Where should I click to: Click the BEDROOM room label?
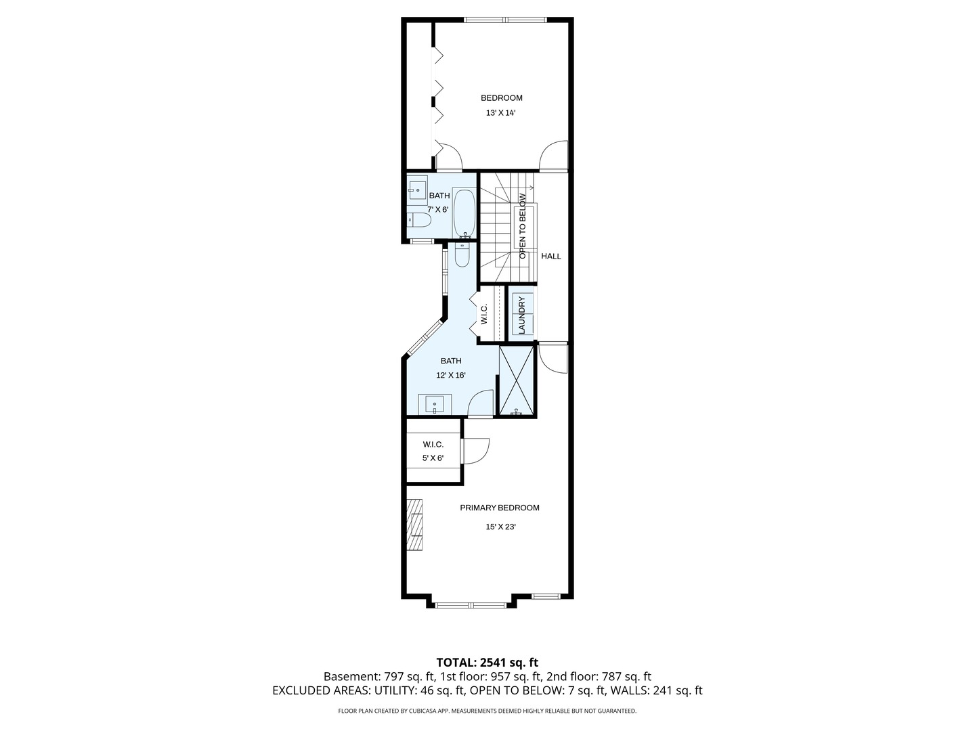[501, 98]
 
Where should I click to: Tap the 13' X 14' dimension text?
[501, 114]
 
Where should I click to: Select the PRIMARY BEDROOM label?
[500, 508]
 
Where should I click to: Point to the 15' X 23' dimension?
[501, 527]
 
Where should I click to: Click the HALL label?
[551, 257]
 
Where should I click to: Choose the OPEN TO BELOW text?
[523, 226]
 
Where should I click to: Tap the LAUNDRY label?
[521, 315]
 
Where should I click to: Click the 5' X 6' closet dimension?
[433, 458]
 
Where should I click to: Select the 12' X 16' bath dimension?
[451, 376]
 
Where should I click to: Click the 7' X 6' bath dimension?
[438, 210]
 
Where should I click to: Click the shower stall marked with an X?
[516, 380]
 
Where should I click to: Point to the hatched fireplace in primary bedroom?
[414, 525]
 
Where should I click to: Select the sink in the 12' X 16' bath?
[434, 405]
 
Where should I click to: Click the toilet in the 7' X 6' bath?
[419, 220]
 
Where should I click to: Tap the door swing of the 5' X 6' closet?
[475, 451]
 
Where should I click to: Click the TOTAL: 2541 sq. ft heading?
[487, 662]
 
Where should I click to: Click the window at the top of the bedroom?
[505, 20]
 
